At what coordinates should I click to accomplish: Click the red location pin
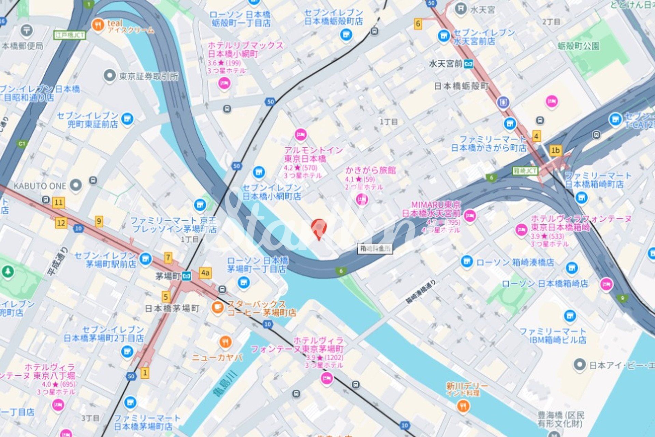click(x=319, y=228)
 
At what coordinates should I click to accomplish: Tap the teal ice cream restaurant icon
click(x=98, y=25)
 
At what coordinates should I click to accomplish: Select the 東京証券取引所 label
click(x=149, y=76)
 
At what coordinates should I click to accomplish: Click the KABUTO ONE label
click(x=40, y=186)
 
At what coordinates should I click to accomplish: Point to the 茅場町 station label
click(x=168, y=276)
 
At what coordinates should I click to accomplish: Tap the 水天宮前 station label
click(x=445, y=64)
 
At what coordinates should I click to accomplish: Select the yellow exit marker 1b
click(x=555, y=150)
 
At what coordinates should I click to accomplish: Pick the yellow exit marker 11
click(x=59, y=203)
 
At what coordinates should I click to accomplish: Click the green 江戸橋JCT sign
click(x=70, y=35)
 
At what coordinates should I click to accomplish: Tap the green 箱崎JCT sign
click(x=525, y=171)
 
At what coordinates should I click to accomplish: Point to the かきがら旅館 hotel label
click(x=370, y=170)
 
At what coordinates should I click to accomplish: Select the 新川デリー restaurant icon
click(x=463, y=406)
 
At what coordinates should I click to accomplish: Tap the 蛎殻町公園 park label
click(x=579, y=46)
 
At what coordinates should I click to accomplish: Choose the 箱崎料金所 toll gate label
click(x=375, y=248)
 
